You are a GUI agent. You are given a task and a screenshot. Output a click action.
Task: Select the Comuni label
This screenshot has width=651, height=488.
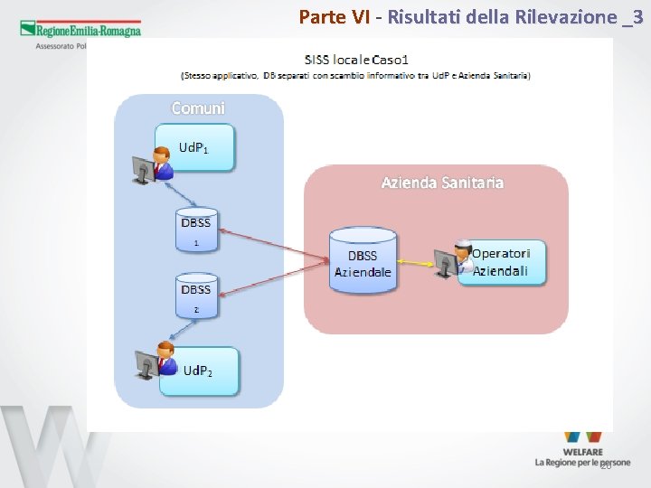pyautogui.click(x=198, y=108)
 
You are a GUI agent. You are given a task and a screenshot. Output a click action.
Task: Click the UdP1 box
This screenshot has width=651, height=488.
pyautogui.click(x=194, y=147)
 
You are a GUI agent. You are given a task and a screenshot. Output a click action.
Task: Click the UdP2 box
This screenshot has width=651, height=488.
pyautogui.click(x=200, y=371)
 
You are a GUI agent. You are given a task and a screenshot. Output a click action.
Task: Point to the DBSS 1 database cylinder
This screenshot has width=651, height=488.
pyautogui.click(x=195, y=230)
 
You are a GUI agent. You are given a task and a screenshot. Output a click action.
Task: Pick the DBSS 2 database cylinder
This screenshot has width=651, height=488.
pyautogui.click(x=195, y=296)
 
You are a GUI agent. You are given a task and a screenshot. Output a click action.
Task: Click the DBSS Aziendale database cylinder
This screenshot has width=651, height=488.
pyautogui.click(x=363, y=260)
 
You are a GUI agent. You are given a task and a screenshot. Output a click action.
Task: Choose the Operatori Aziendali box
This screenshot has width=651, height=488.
pyautogui.click(x=503, y=262)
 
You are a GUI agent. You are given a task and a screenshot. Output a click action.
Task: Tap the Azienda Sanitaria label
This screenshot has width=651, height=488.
pyautogui.click(x=442, y=183)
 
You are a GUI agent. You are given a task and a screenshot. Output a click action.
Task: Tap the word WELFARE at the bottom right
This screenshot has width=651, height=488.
pyautogui.click(x=582, y=450)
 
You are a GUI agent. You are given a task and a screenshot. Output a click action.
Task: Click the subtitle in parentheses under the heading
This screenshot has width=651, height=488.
pyautogui.click(x=355, y=75)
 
